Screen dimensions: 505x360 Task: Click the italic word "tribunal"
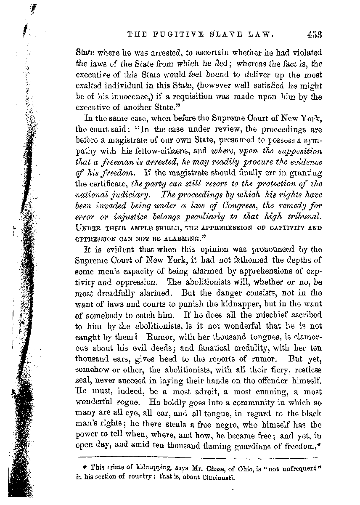click(303, 216)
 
